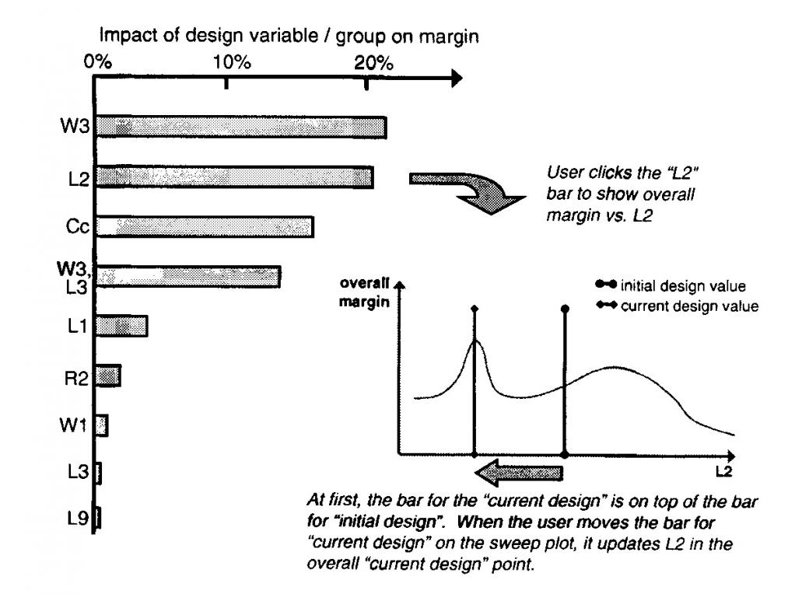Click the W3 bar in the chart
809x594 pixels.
click(x=241, y=128)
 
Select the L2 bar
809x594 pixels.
click(x=234, y=177)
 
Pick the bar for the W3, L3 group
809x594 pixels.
click(x=187, y=277)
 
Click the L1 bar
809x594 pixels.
click(x=121, y=326)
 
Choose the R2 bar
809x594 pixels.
click(x=108, y=376)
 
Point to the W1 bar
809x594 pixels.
click(x=101, y=425)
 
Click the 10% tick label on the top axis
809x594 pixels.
click(x=232, y=62)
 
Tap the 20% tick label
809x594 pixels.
click(x=373, y=62)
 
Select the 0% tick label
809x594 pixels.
click(x=97, y=62)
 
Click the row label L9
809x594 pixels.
click(x=78, y=518)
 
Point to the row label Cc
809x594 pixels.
click(x=77, y=225)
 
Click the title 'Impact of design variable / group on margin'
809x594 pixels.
click(x=289, y=36)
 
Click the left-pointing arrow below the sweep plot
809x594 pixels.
click(x=519, y=472)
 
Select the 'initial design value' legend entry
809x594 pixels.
click(x=671, y=285)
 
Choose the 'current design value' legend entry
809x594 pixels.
click(x=678, y=306)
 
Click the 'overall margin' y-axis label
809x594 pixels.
click(x=364, y=292)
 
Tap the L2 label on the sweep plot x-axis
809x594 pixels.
click(x=724, y=471)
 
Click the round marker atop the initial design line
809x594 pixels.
click(x=565, y=309)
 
